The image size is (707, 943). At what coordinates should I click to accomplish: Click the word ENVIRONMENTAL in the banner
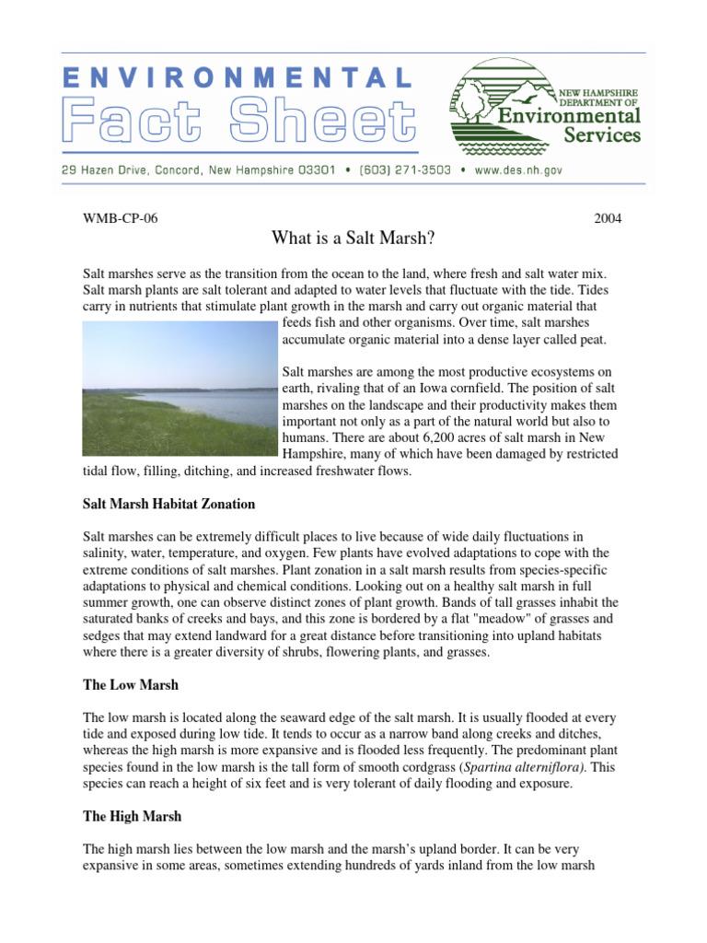[x=238, y=79]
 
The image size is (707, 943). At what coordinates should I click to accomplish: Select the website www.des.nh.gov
[x=519, y=170]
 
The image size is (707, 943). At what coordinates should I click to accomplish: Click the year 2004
[x=608, y=219]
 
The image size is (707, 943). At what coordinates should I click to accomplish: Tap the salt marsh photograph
[x=180, y=388]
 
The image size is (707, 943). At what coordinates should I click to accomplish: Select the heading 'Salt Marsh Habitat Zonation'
[x=168, y=505]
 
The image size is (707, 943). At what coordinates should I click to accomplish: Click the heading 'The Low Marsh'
[x=131, y=685]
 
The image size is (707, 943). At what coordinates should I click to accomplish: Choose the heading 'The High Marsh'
[x=133, y=816]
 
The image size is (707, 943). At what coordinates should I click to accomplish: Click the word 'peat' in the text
[x=591, y=340]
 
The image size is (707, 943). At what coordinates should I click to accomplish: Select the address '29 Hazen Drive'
[x=107, y=170]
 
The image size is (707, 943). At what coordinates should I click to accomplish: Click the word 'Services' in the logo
[x=601, y=134]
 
